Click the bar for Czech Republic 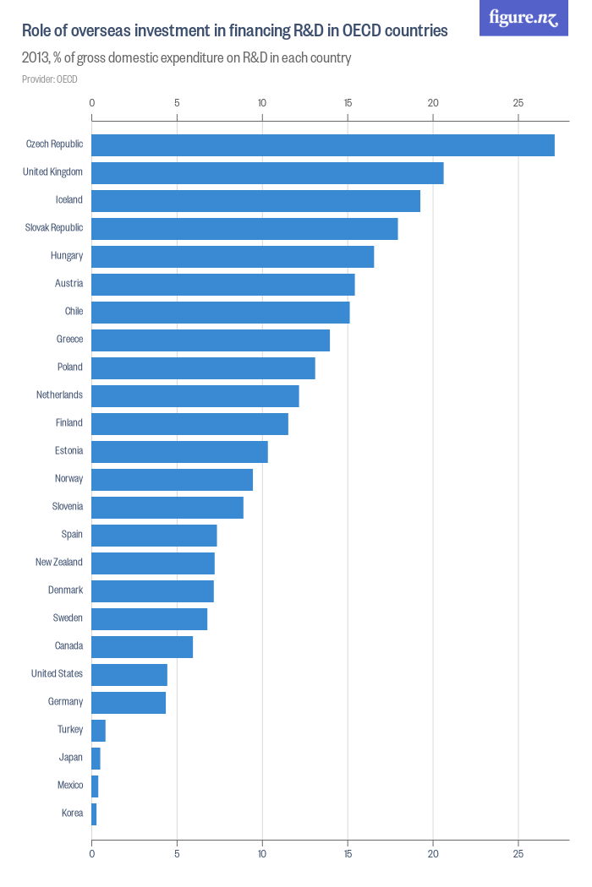pos(322,145)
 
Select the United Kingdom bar pos(267,173)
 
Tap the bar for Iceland pos(255,201)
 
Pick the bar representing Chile pos(220,313)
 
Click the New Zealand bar pos(153,563)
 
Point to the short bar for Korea pos(94,814)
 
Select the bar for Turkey pos(98,731)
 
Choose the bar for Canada pos(142,647)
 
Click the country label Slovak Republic pos(54,228)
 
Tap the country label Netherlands pos(59,395)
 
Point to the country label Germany pos(65,702)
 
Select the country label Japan pos(70,758)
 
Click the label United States pos(57,674)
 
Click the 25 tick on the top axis pos(518,103)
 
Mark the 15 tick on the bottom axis pos(348,854)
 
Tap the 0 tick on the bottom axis pos(91,854)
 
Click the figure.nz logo pos(523,18)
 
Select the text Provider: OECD pos(50,79)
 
